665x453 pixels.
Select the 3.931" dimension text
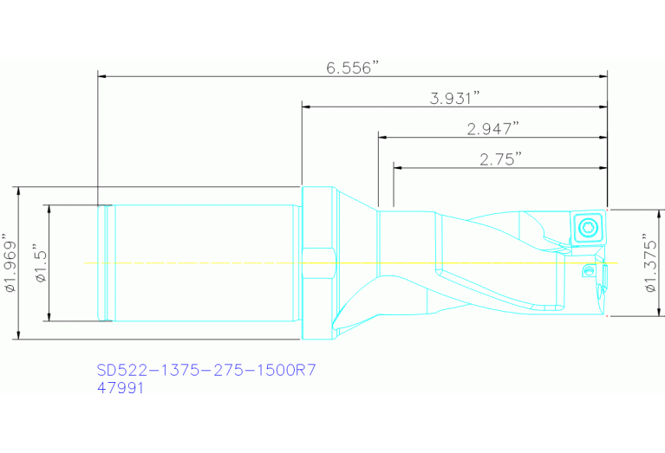pyautogui.click(x=455, y=98)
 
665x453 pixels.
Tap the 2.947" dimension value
pyautogui.click(x=492, y=128)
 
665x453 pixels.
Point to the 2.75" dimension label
pyautogui.click(x=500, y=159)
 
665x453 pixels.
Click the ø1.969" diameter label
pyautogui.click(x=10, y=262)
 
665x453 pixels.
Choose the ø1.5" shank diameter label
pyautogui.click(x=40, y=262)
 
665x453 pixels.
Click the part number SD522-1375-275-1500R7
pyautogui.click(x=205, y=371)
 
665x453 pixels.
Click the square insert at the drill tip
pyautogui.click(x=589, y=228)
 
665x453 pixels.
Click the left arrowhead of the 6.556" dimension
pyautogui.click(x=102, y=76)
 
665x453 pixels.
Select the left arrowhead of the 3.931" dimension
pyautogui.click(x=306, y=107)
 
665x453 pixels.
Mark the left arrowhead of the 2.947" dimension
pyautogui.click(x=382, y=137)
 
